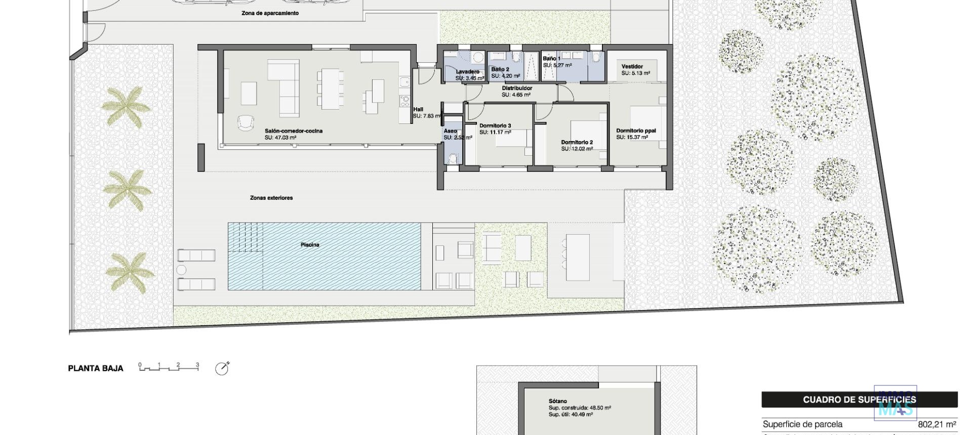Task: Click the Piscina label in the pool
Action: click(x=310, y=245)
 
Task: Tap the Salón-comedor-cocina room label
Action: click(x=293, y=131)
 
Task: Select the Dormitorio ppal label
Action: click(x=636, y=130)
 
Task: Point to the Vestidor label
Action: click(x=632, y=66)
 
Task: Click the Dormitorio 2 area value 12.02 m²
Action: click(x=577, y=149)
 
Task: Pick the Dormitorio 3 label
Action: click(x=495, y=125)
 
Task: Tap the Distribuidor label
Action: click(x=517, y=88)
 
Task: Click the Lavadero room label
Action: click(x=467, y=72)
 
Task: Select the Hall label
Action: click(x=418, y=109)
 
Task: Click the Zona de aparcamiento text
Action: click(x=270, y=13)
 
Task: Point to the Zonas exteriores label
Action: click(x=271, y=198)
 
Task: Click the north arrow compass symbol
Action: click(x=222, y=369)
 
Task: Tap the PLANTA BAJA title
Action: click(x=96, y=369)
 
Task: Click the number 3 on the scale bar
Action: click(x=197, y=365)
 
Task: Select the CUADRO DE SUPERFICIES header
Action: click(x=859, y=400)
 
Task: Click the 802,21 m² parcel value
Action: click(x=937, y=425)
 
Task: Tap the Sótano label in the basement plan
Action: click(x=557, y=401)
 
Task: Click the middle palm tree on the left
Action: click(x=127, y=189)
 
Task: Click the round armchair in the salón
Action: click(x=246, y=122)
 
